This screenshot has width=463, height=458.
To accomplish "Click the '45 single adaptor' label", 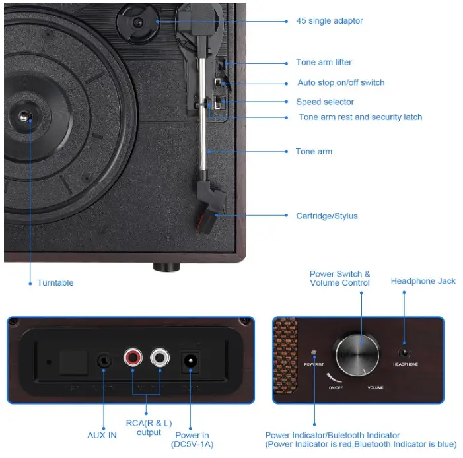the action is (329, 21).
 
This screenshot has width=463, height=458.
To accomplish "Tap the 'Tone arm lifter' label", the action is (324, 63).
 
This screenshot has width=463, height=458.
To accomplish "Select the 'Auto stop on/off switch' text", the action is (341, 83).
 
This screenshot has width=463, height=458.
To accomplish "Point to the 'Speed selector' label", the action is (325, 102).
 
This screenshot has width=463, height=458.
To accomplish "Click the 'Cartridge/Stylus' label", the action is (327, 216).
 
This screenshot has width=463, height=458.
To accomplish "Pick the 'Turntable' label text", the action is (55, 283).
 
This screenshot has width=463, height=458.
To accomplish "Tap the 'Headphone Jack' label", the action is (423, 281).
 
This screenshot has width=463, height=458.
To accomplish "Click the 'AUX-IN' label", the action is (102, 435).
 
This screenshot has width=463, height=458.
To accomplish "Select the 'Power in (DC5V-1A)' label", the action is (192, 439).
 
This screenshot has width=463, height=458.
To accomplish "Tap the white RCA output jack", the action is (159, 358).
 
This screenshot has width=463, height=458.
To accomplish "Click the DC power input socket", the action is (191, 361).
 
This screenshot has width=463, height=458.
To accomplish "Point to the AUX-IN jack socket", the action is (104, 361).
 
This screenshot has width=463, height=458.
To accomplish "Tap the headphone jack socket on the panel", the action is (404, 352).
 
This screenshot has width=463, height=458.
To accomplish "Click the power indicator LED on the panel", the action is (314, 352).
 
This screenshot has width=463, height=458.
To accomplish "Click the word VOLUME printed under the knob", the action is (375, 387).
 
